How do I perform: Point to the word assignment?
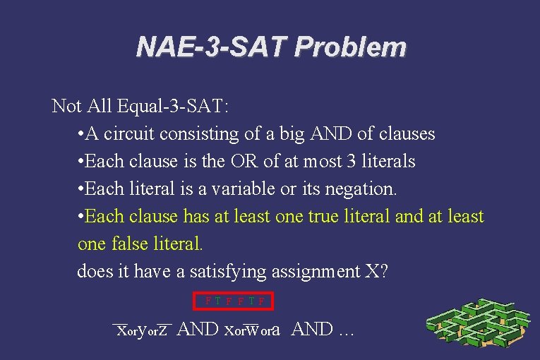click(x=325, y=271)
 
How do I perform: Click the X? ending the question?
click(x=376, y=271)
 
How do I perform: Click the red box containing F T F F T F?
click(x=234, y=301)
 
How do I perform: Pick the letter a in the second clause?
click(x=276, y=330)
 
